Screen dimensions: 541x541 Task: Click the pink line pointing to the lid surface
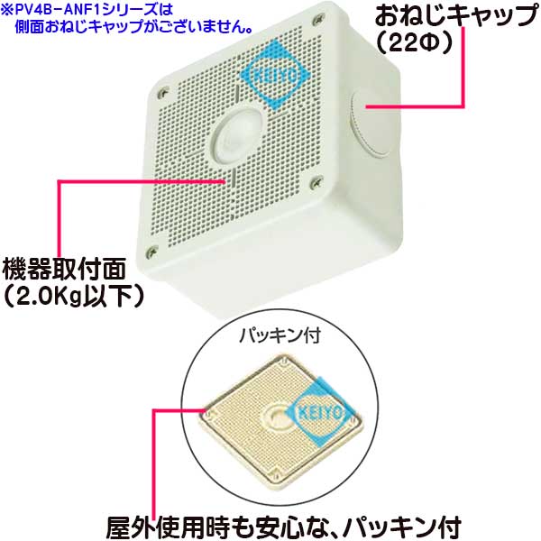(117, 180)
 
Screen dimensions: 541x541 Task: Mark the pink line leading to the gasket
(156, 451)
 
